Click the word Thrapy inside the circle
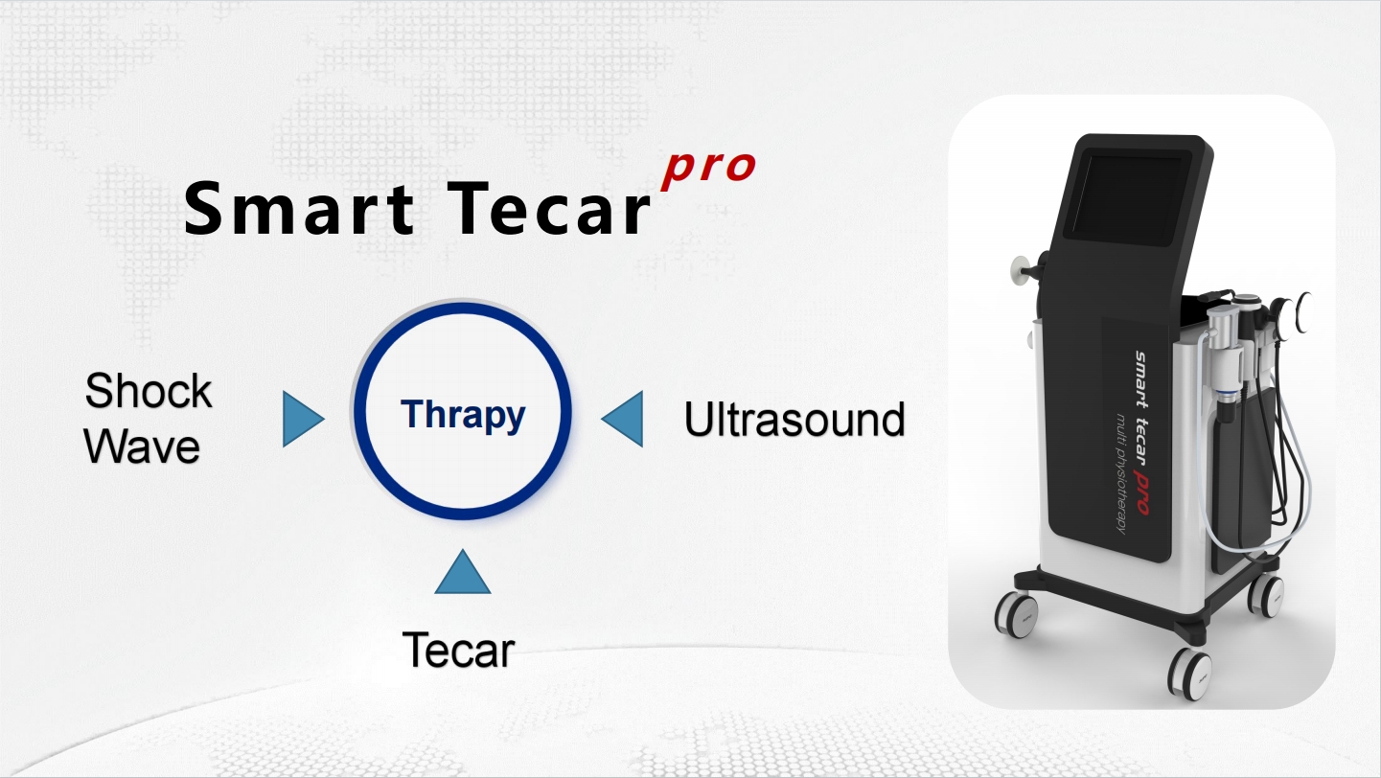click(463, 415)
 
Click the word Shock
click(149, 392)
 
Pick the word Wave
click(143, 446)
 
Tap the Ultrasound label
click(794, 420)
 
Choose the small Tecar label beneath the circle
click(458, 651)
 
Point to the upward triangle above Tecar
click(463, 572)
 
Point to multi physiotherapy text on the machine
click(1121, 469)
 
